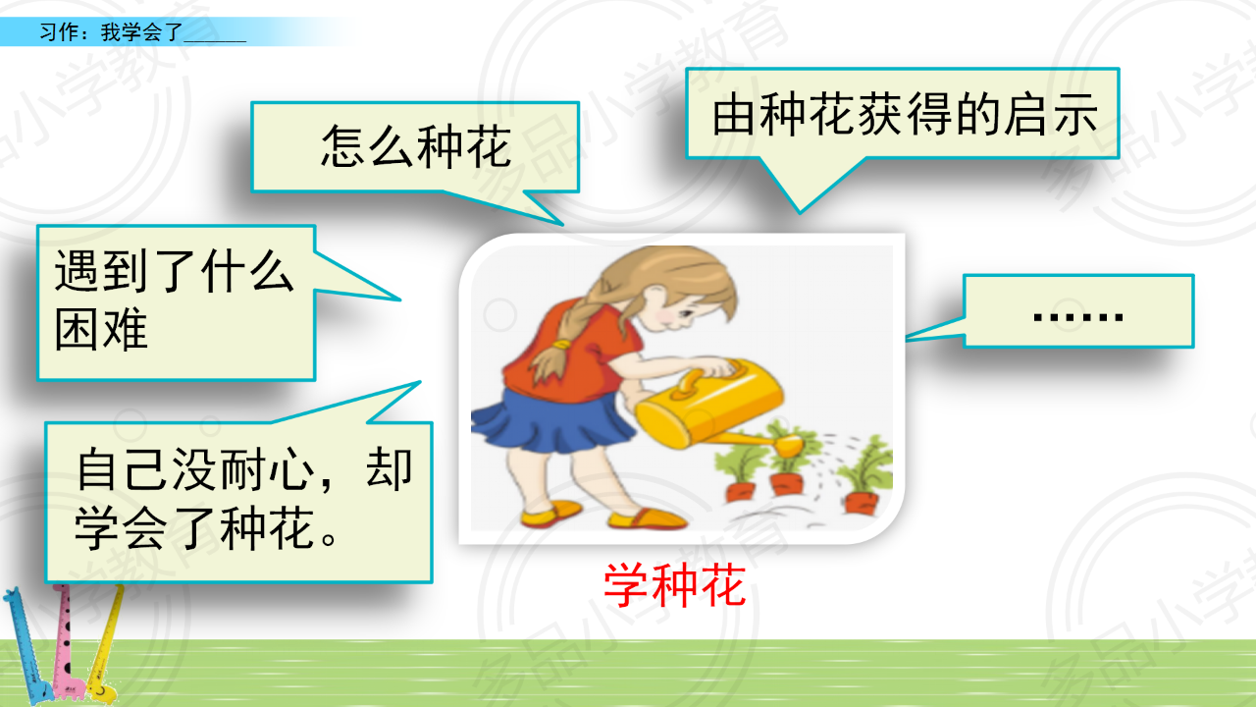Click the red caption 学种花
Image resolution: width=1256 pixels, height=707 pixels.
click(x=674, y=585)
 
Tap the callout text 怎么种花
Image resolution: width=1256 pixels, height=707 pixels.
click(x=416, y=147)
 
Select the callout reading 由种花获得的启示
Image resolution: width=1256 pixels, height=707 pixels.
click(x=904, y=115)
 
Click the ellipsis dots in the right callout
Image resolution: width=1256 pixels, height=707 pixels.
click(x=1077, y=317)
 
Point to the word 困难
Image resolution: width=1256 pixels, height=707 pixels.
click(x=101, y=329)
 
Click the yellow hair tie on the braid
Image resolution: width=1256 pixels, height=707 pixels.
click(x=560, y=344)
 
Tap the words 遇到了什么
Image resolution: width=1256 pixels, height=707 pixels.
click(x=174, y=271)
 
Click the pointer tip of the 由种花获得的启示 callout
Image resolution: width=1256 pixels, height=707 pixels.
click(x=800, y=213)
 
